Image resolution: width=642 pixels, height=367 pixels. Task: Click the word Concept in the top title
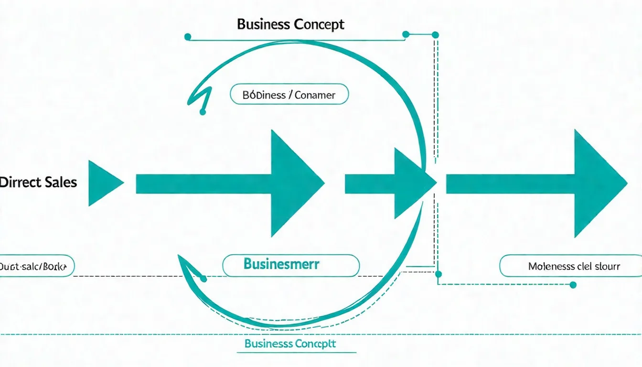pos(319,25)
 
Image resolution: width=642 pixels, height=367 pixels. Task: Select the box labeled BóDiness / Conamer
pos(289,95)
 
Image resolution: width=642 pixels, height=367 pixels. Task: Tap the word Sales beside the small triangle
pos(61,182)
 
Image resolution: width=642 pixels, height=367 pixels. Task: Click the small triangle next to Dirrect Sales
pos(104,183)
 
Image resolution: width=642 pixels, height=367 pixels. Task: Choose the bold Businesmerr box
pos(291,265)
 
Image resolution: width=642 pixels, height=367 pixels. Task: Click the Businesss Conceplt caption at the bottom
pos(290,344)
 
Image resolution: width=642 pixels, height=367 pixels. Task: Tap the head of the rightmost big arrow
pos(599,183)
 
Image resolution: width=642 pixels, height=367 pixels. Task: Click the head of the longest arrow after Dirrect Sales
pos(297,183)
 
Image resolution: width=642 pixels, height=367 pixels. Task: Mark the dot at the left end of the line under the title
pos(188,36)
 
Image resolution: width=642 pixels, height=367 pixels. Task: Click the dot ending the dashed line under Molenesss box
pos(573,285)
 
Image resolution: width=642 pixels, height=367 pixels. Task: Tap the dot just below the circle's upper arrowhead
pos(203,112)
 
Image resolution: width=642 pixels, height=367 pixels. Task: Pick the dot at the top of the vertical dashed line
pos(435,34)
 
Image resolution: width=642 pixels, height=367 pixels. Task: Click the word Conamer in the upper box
pos(315,95)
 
